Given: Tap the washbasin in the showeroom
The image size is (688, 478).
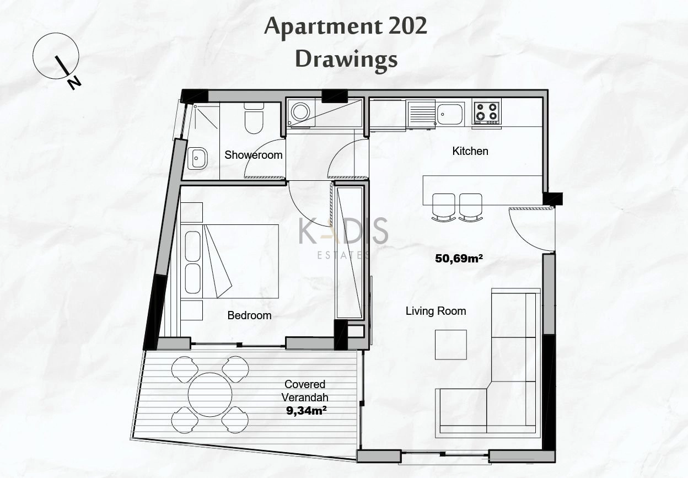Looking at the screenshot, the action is [197, 158].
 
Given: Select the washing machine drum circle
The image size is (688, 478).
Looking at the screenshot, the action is [300, 111].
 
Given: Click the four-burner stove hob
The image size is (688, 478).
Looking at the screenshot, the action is [487, 113].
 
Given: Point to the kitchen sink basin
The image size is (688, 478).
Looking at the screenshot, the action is [450, 114].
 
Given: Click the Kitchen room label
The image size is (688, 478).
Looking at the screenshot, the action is [470, 151].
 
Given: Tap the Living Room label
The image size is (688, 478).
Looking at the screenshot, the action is [436, 311].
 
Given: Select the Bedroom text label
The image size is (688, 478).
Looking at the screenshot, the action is [249, 315].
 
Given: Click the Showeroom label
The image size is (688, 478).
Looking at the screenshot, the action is [254, 155].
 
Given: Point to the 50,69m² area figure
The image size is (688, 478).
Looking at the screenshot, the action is [459, 259].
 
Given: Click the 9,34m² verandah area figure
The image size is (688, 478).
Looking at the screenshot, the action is [306, 411].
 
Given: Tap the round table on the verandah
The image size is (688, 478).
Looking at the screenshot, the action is [210, 395].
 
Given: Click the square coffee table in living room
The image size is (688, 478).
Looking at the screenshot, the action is [451, 345].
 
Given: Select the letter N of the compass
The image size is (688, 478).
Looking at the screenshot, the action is [74, 83].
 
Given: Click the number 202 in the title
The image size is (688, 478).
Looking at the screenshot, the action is [407, 26].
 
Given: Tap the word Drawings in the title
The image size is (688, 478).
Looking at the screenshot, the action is [346, 60].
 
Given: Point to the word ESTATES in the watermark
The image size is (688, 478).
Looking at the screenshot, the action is [343, 255].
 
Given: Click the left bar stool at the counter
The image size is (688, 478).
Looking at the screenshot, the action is [444, 207].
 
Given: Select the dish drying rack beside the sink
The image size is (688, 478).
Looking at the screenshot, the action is [421, 114].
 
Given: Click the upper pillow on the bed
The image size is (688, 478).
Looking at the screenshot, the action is [192, 246].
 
